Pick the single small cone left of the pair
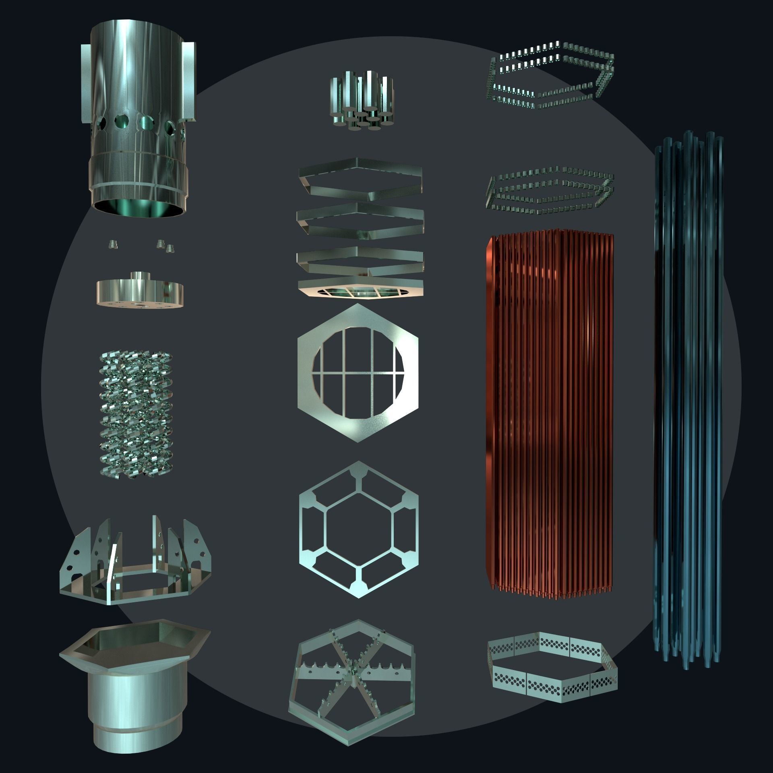[x=113, y=245]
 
